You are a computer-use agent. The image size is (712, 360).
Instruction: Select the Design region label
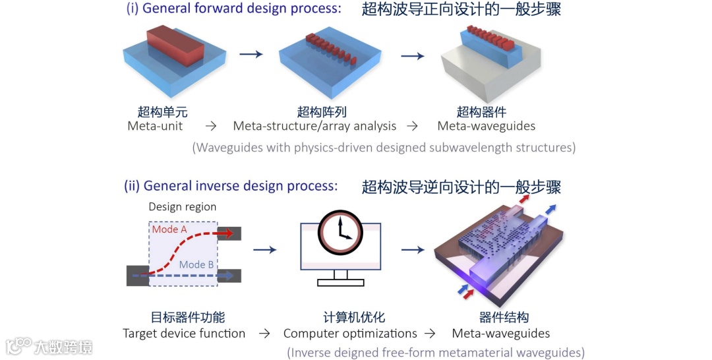[x=182, y=206]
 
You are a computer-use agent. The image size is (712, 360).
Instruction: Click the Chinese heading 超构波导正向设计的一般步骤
[x=461, y=9]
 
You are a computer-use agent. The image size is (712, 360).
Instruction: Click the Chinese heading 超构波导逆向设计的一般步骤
[x=461, y=187]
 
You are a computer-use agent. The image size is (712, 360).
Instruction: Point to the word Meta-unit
[x=155, y=126]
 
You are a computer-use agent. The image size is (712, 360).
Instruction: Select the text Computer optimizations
[x=350, y=334]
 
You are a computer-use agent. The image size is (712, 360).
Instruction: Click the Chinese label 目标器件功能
[x=183, y=318]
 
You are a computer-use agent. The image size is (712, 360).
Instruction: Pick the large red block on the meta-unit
[x=173, y=47]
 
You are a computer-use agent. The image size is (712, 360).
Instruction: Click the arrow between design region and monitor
[x=264, y=249]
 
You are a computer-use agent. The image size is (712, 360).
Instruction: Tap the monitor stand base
[x=341, y=282]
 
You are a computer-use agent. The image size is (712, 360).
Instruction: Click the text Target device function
[x=184, y=334]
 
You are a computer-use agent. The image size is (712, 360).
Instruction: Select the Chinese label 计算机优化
[x=350, y=318]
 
